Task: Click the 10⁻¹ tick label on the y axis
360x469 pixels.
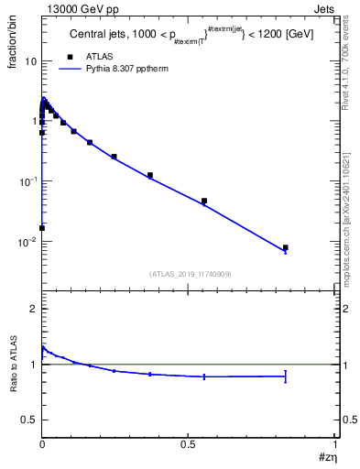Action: pos(28,181)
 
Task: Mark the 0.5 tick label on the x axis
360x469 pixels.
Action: pos(189,443)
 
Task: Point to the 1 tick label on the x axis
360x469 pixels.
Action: pos(335,443)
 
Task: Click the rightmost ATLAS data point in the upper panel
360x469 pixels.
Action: pos(286,247)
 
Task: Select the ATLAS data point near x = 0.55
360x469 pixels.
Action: pos(204,201)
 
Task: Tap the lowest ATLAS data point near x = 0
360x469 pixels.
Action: pos(42,228)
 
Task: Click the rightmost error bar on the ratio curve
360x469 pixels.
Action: pos(286,376)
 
